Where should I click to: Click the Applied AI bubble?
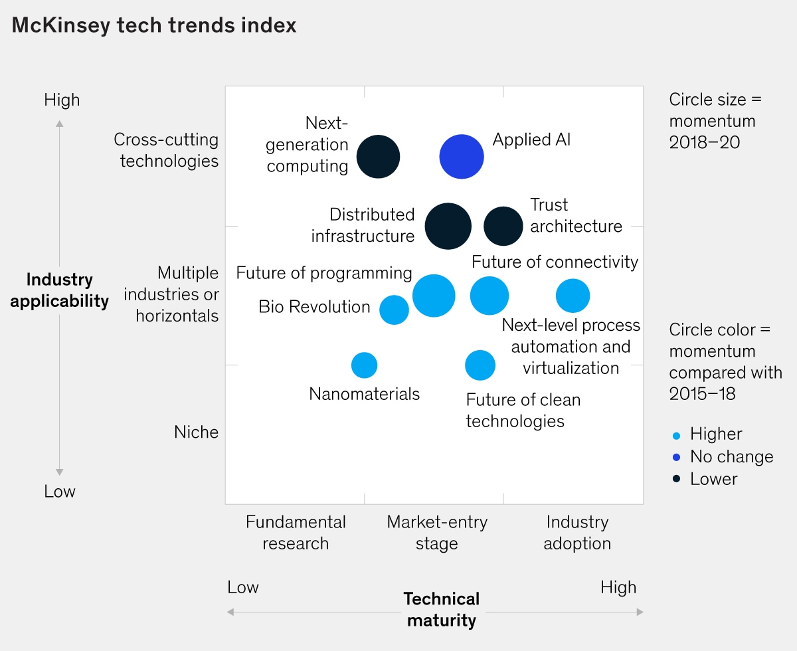coord(462,157)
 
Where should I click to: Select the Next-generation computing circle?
coord(379,157)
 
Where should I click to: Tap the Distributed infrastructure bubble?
coord(448,226)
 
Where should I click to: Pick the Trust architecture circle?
coord(503,226)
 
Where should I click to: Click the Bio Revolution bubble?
coord(394,310)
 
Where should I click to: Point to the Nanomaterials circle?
coord(364,365)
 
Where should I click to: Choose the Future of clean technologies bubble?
coord(480,365)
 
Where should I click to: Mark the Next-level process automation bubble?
coord(573,296)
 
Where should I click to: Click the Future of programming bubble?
coord(434,296)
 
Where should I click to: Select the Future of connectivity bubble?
coord(489,296)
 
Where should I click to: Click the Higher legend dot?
coord(676,436)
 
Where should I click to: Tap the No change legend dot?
coord(676,458)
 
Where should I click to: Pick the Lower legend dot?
coord(676,480)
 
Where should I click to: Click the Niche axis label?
coord(196,432)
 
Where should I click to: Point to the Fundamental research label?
coord(296,533)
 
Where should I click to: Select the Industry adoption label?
coord(577,533)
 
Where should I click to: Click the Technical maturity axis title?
coord(442,610)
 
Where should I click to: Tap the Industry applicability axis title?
coord(60,290)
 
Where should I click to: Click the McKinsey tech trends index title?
coord(154,25)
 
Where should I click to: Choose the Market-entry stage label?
coord(437,533)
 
